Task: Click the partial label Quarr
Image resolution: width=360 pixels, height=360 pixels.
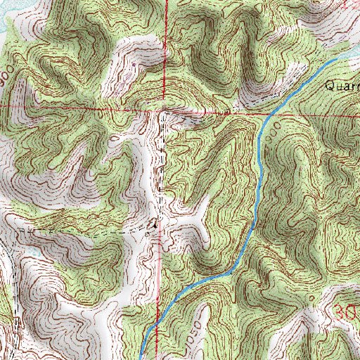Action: coord(342,86)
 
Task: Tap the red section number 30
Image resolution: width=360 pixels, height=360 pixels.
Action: coord(343,311)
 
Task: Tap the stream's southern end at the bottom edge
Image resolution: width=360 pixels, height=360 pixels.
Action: coord(143,355)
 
